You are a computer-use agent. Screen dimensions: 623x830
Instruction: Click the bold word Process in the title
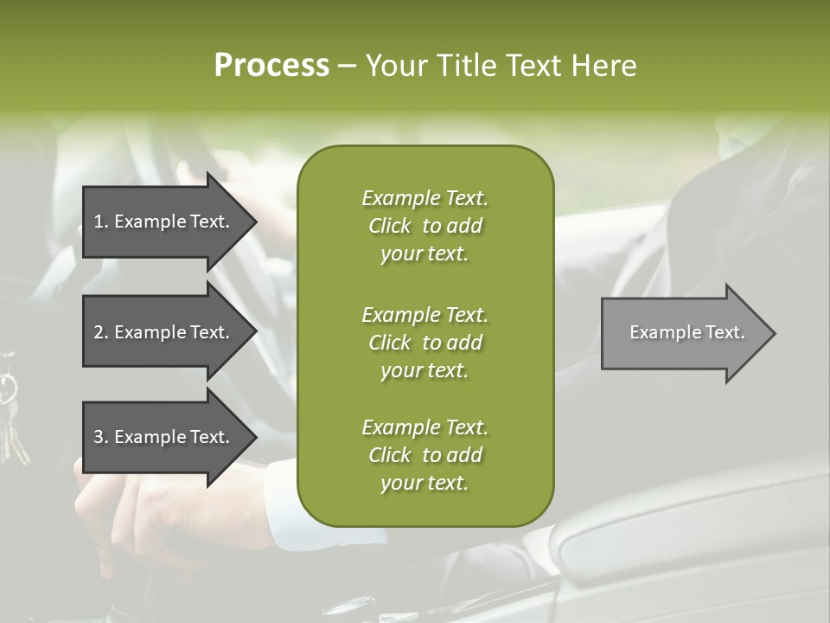[271, 66]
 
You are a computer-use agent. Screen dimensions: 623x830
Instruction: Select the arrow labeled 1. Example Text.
[164, 222]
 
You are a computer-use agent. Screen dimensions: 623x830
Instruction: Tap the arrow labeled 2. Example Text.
[164, 332]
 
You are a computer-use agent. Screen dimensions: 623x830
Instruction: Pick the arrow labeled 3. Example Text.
[164, 437]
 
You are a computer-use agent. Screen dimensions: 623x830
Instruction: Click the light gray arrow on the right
[683, 332]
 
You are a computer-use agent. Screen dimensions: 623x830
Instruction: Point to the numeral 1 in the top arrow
[99, 222]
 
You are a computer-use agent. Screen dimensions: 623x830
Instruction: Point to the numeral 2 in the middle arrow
[99, 332]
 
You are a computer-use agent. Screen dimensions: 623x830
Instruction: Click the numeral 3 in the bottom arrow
[99, 437]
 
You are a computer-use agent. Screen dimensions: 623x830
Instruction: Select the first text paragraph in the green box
[425, 226]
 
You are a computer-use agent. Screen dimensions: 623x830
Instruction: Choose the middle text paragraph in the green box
[425, 343]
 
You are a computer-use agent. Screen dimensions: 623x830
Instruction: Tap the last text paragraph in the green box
[425, 455]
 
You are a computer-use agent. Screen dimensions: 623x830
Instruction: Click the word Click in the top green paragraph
[390, 226]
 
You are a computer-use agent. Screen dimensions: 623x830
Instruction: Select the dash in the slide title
[347, 66]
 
